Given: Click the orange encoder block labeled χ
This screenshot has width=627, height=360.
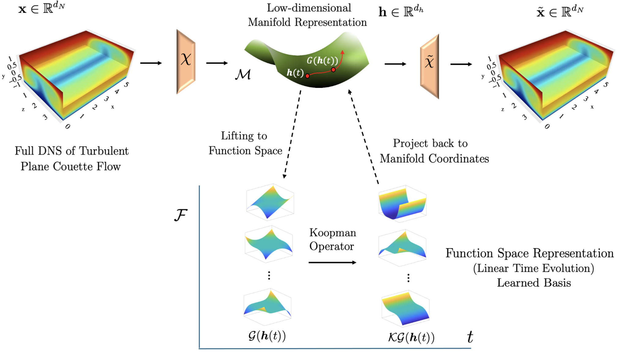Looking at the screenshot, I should click(186, 61).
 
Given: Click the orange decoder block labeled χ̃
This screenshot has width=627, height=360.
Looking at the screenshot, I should click(430, 66).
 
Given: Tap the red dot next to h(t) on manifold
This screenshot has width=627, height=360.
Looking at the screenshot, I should click(307, 76).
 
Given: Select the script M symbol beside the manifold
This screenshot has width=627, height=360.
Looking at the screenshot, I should click(243, 74).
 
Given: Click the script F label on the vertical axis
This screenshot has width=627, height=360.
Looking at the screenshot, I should click(181, 215).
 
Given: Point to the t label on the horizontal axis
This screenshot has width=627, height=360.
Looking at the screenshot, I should click(470, 337).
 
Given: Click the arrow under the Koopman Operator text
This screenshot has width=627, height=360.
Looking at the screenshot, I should click(332, 263).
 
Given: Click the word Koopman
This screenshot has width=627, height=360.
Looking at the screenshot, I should click(332, 233).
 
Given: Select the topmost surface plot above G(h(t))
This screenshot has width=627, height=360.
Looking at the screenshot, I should click(270, 202).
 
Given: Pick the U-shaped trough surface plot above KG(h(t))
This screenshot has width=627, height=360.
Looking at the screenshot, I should click(402, 203).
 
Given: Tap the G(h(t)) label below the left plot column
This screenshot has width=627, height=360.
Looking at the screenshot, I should click(267, 336).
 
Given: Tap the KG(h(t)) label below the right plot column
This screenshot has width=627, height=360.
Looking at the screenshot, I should click(411, 337).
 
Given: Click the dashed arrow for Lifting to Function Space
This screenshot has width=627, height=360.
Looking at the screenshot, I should click(292, 135).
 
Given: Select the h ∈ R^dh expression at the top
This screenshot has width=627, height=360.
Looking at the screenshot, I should click(401, 12).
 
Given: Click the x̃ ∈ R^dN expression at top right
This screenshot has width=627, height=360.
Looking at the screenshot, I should click(560, 12).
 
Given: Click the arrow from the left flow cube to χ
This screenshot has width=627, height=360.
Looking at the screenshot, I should click(151, 63).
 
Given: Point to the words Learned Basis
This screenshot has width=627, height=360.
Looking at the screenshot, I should click(534, 283).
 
